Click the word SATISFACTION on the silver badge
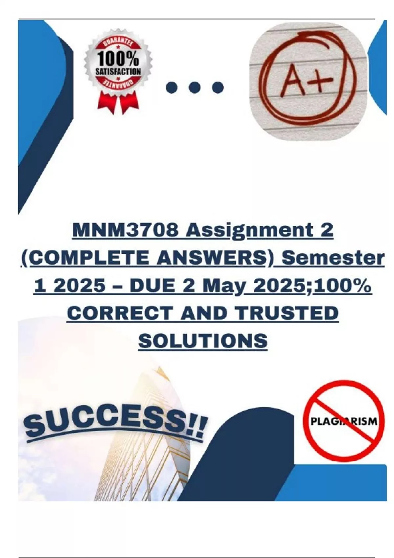pyautogui.click(x=118, y=72)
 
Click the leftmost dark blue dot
pyautogui.click(x=172, y=87)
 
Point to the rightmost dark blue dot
pyautogui.click(x=218, y=87)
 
